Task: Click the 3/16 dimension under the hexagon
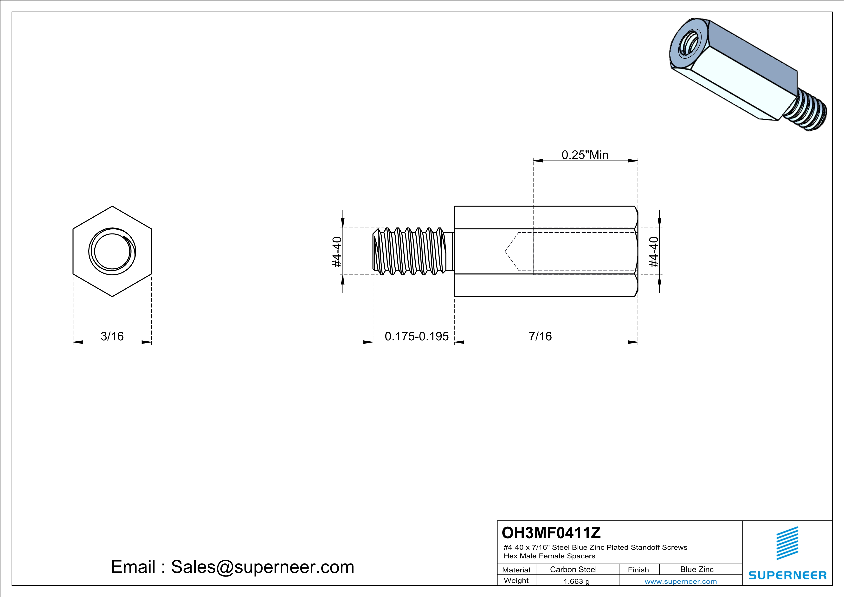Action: pyautogui.click(x=112, y=336)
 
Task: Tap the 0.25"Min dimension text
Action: pyautogui.click(x=585, y=155)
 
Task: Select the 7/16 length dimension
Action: pyautogui.click(x=540, y=336)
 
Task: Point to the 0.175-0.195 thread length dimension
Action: pyautogui.click(x=417, y=336)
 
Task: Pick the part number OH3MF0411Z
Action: pyautogui.click(x=551, y=532)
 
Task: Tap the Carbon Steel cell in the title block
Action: pyautogui.click(x=573, y=569)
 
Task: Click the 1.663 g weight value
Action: pyautogui.click(x=576, y=581)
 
